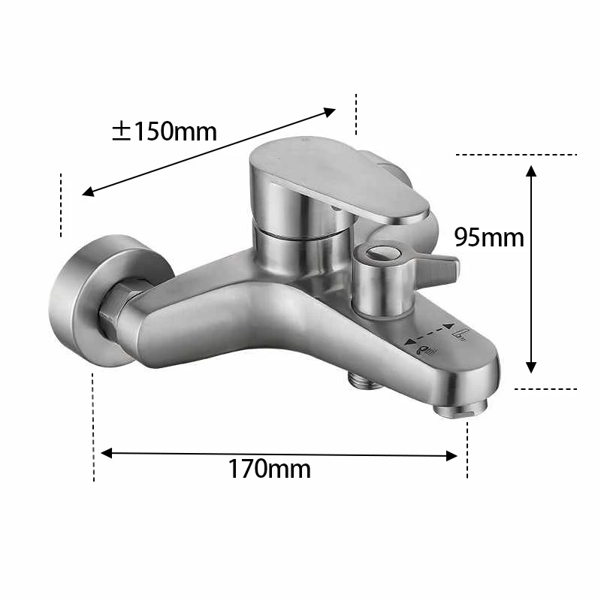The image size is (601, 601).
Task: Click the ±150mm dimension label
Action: click(164, 131)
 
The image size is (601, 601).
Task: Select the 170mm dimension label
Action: click(269, 470)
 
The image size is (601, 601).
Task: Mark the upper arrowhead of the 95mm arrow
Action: click(531, 171)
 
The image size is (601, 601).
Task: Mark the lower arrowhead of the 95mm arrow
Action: click(531, 367)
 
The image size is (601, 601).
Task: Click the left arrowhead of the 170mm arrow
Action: click(106, 453)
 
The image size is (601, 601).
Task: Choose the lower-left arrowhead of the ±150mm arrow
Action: click(88, 192)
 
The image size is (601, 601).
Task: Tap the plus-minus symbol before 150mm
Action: click(122, 131)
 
